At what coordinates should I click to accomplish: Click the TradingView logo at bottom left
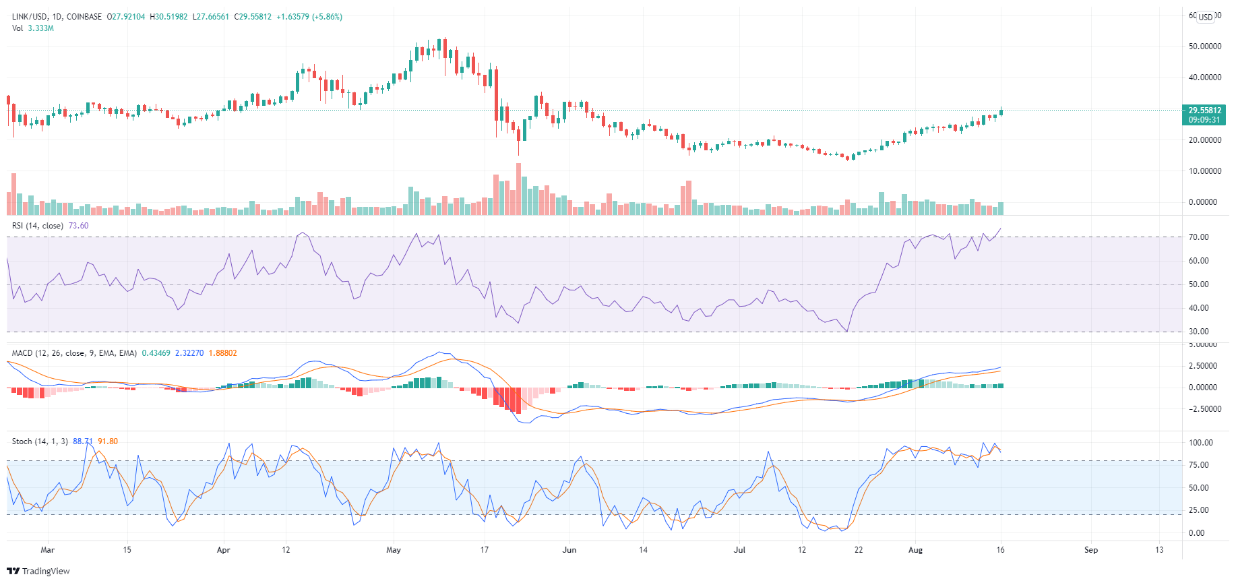point(38,571)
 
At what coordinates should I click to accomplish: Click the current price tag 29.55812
point(1204,111)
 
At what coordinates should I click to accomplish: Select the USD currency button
point(1206,17)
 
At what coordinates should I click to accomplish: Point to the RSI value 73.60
point(78,226)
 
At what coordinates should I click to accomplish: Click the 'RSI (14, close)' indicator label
point(38,226)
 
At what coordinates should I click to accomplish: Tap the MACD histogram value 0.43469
point(156,353)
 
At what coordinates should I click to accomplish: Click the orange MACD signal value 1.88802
point(222,353)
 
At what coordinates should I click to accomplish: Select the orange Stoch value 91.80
point(108,441)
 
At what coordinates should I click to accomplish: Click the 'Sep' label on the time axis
point(1090,550)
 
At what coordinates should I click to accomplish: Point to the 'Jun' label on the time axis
point(569,550)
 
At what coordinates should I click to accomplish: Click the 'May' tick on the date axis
point(394,550)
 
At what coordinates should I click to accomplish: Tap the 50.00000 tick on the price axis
point(1205,47)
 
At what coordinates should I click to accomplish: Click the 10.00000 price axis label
point(1205,171)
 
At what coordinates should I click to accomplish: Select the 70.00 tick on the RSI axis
point(1199,237)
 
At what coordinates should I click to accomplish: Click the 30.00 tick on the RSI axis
point(1199,332)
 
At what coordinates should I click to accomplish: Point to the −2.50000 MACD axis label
point(1203,409)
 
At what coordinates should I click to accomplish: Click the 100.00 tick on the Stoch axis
point(1201,443)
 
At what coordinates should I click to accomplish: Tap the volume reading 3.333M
point(40,28)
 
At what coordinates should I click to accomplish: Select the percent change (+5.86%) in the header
point(322,17)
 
